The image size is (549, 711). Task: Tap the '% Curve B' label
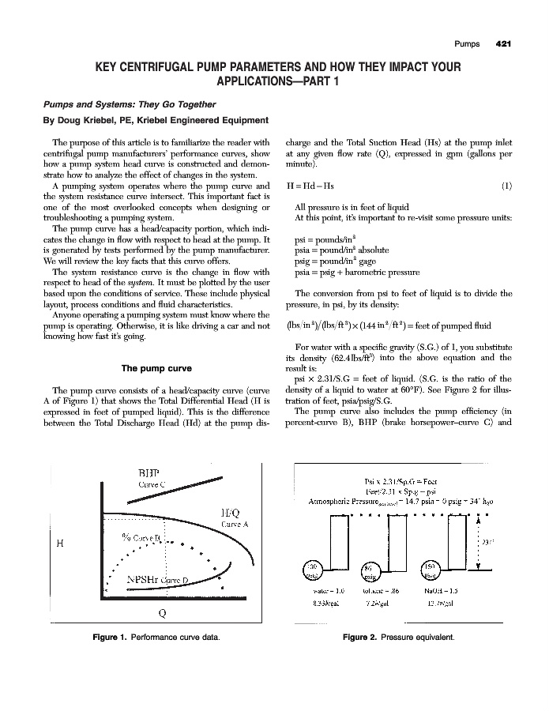(x=142, y=537)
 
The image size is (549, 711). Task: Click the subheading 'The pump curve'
(x=149, y=368)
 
